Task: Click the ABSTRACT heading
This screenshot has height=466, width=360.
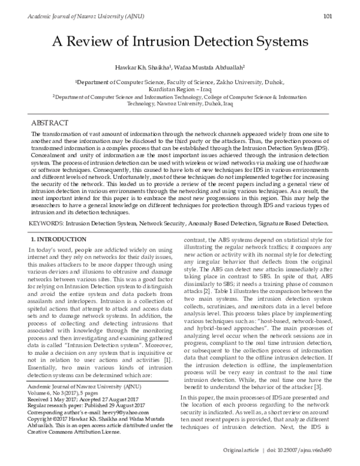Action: click(49, 121)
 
